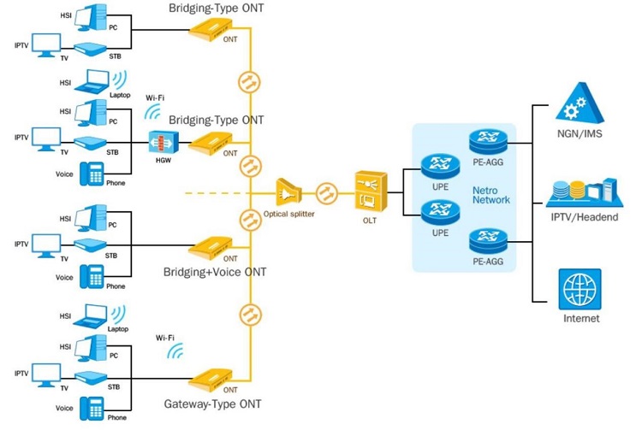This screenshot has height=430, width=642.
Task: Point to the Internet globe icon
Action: click(x=580, y=290)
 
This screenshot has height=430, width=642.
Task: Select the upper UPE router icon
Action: click(x=440, y=165)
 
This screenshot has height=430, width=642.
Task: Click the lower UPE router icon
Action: click(x=440, y=212)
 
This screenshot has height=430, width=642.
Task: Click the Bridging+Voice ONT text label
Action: click(x=214, y=272)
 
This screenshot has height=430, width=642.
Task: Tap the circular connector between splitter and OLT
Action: click(x=325, y=192)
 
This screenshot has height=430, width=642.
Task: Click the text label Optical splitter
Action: click(x=289, y=214)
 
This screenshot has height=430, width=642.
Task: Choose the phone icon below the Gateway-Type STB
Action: click(x=91, y=408)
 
